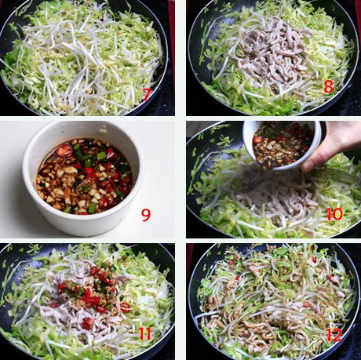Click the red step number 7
[147, 94]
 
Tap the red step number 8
[329, 86]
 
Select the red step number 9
[146, 215]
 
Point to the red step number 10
[334, 214]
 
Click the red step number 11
[145, 333]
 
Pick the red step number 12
[334, 335]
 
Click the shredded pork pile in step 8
[272, 53]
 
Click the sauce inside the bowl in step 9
[84, 176]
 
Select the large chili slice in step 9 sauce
[64, 151]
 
